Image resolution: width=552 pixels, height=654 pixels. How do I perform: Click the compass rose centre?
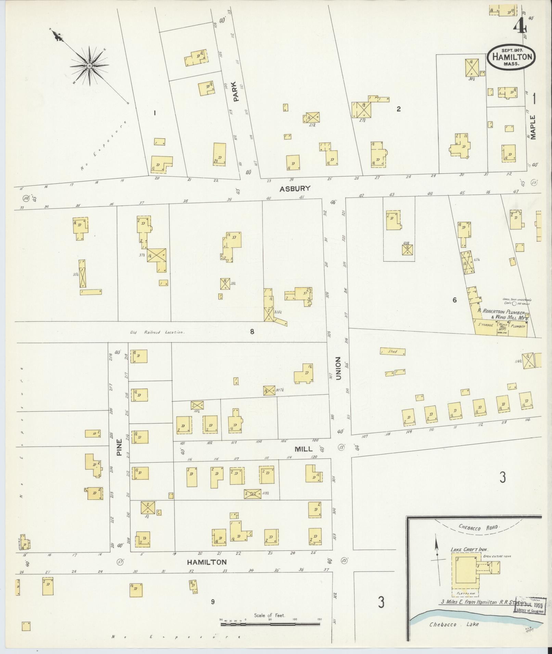pyautogui.click(x=89, y=66)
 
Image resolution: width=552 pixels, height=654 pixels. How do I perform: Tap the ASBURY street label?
pyautogui.click(x=295, y=188)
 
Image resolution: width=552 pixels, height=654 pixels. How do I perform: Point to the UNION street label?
pyautogui.click(x=338, y=368)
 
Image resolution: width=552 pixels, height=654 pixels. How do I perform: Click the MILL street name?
pyautogui.click(x=303, y=449)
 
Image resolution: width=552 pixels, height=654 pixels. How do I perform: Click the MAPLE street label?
pyautogui.click(x=533, y=127)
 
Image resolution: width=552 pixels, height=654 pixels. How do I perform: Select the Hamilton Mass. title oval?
pyautogui.click(x=511, y=57)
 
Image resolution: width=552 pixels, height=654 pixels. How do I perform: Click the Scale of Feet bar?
pyautogui.click(x=270, y=624)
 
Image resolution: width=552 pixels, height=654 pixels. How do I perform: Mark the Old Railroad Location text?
pyautogui.click(x=157, y=332)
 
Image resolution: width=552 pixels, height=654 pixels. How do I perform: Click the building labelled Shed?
pyautogui.click(x=393, y=351)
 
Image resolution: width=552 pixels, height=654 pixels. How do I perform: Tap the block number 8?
pyautogui.click(x=252, y=331)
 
